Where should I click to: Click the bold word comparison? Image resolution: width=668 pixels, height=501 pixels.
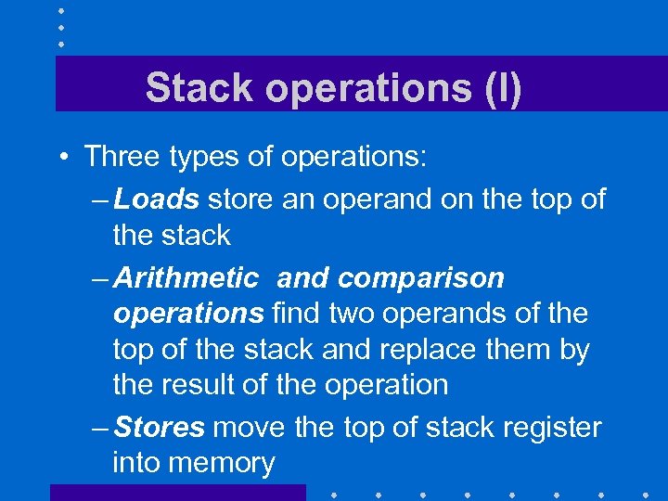pyautogui.click(x=421, y=277)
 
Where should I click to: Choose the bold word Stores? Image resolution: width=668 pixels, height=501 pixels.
pyautogui.click(x=159, y=427)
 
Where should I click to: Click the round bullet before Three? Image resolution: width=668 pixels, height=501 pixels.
pyautogui.click(x=63, y=157)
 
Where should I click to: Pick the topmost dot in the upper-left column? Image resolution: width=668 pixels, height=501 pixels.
pyautogui.click(x=60, y=10)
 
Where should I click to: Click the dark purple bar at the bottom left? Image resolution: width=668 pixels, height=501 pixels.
pyautogui.click(x=176, y=493)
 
